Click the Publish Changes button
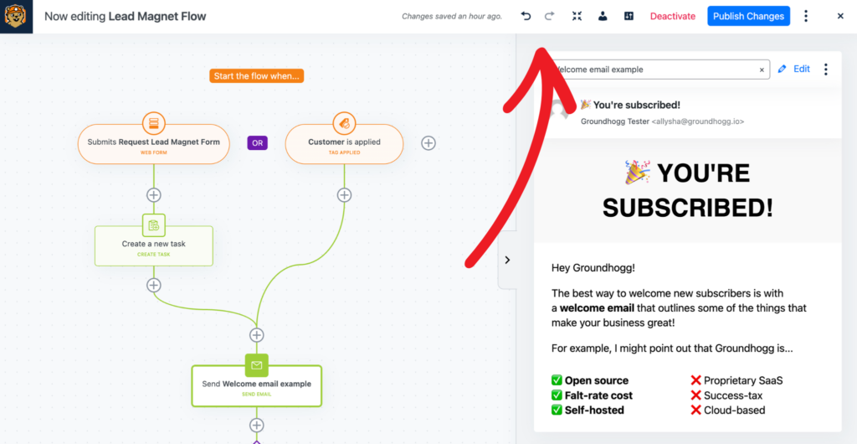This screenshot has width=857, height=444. tap(748, 16)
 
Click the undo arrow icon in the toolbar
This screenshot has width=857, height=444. tap(526, 16)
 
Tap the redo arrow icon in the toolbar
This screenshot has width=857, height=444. tap(549, 16)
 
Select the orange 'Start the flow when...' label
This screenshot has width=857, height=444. tap(256, 76)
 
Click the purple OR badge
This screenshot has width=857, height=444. tap(258, 143)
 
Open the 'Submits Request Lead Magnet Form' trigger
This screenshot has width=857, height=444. tap(154, 144)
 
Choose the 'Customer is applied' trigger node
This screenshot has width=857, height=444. tap(344, 144)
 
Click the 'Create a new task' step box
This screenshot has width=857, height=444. tap(154, 246)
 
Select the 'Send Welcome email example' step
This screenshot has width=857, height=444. tap(256, 386)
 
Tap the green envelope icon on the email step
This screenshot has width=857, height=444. tap(256, 365)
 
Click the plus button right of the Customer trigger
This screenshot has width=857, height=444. tap(428, 143)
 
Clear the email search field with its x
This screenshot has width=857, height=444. tap(762, 70)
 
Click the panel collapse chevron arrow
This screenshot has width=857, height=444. tap(507, 260)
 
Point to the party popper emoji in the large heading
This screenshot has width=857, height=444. tap(637, 173)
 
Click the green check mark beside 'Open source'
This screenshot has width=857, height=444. tap(557, 380)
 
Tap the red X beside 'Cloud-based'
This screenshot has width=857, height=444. tap(695, 410)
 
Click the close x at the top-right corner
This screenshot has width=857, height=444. tap(840, 16)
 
